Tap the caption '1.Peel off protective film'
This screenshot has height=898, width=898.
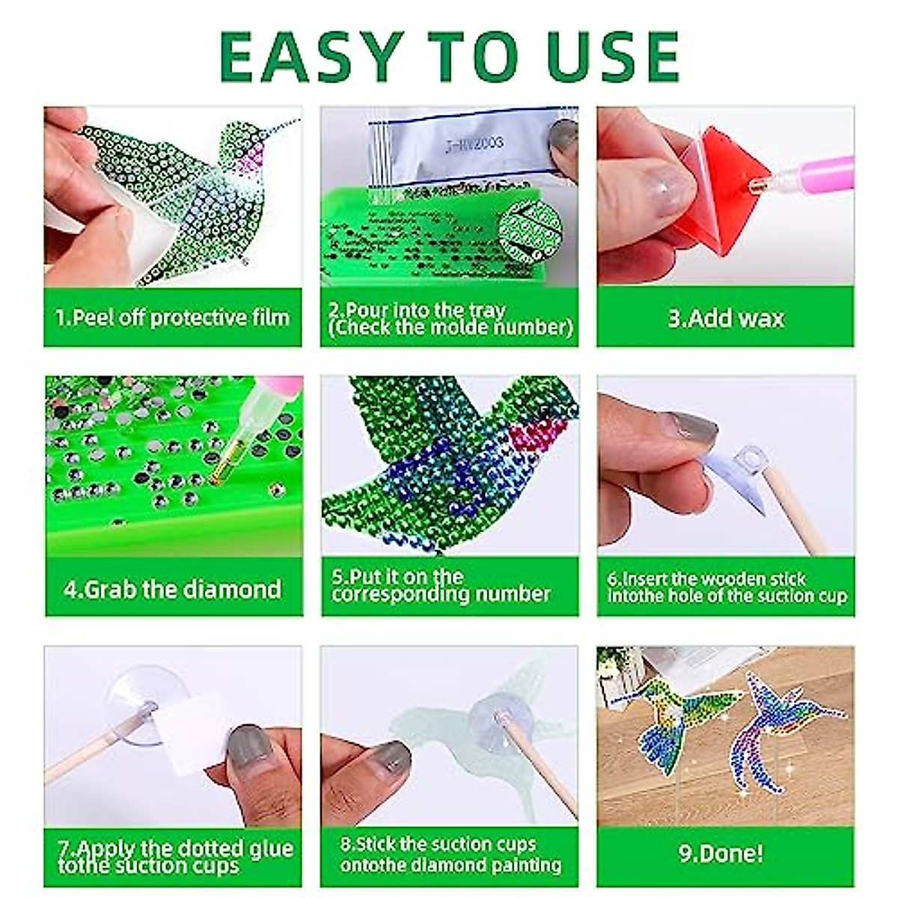(173, 317)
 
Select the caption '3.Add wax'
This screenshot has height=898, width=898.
(725, 319)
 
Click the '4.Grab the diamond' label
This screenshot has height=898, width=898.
(173, 589)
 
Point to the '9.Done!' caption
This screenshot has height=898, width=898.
(721, 853)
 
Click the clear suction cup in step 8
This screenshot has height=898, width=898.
(498, 715)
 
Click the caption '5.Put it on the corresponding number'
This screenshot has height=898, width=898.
(442, 586)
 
